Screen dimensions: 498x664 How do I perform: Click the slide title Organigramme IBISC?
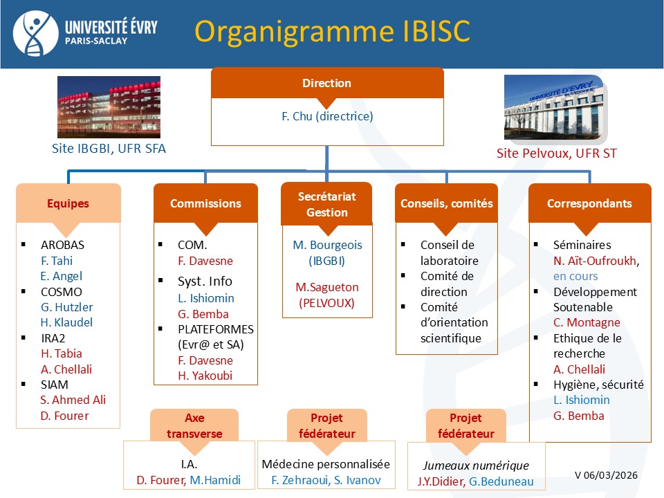[x=332, y=31]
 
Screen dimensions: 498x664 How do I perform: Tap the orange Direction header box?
[x=326, y=83]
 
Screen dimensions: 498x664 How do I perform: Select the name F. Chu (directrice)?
[x=327, y=116]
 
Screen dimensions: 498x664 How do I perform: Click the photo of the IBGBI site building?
[x=109, y=107]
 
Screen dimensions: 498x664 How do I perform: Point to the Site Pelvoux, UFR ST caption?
[x=556, y=154]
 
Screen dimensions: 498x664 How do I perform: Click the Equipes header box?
[x=68, y=203]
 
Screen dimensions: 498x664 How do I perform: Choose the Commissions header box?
[x=205, y=203]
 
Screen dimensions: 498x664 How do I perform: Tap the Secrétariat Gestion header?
[x=326, y=205]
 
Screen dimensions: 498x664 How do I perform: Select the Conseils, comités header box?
[x=446, y=203]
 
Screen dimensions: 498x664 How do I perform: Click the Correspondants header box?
[x=589, y=203]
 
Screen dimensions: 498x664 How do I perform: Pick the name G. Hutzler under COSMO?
[x=66, y=307]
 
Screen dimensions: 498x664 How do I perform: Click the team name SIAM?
[x=55, y=385]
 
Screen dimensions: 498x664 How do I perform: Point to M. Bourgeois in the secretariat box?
[x=327, y=245]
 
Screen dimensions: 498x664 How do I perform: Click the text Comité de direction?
[x=447, y=284]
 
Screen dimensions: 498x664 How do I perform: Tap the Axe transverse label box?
[x=194, y=426]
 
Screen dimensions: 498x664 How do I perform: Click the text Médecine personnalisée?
[x=326, y=465]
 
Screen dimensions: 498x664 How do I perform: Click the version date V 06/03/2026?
[x=606, y=475]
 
